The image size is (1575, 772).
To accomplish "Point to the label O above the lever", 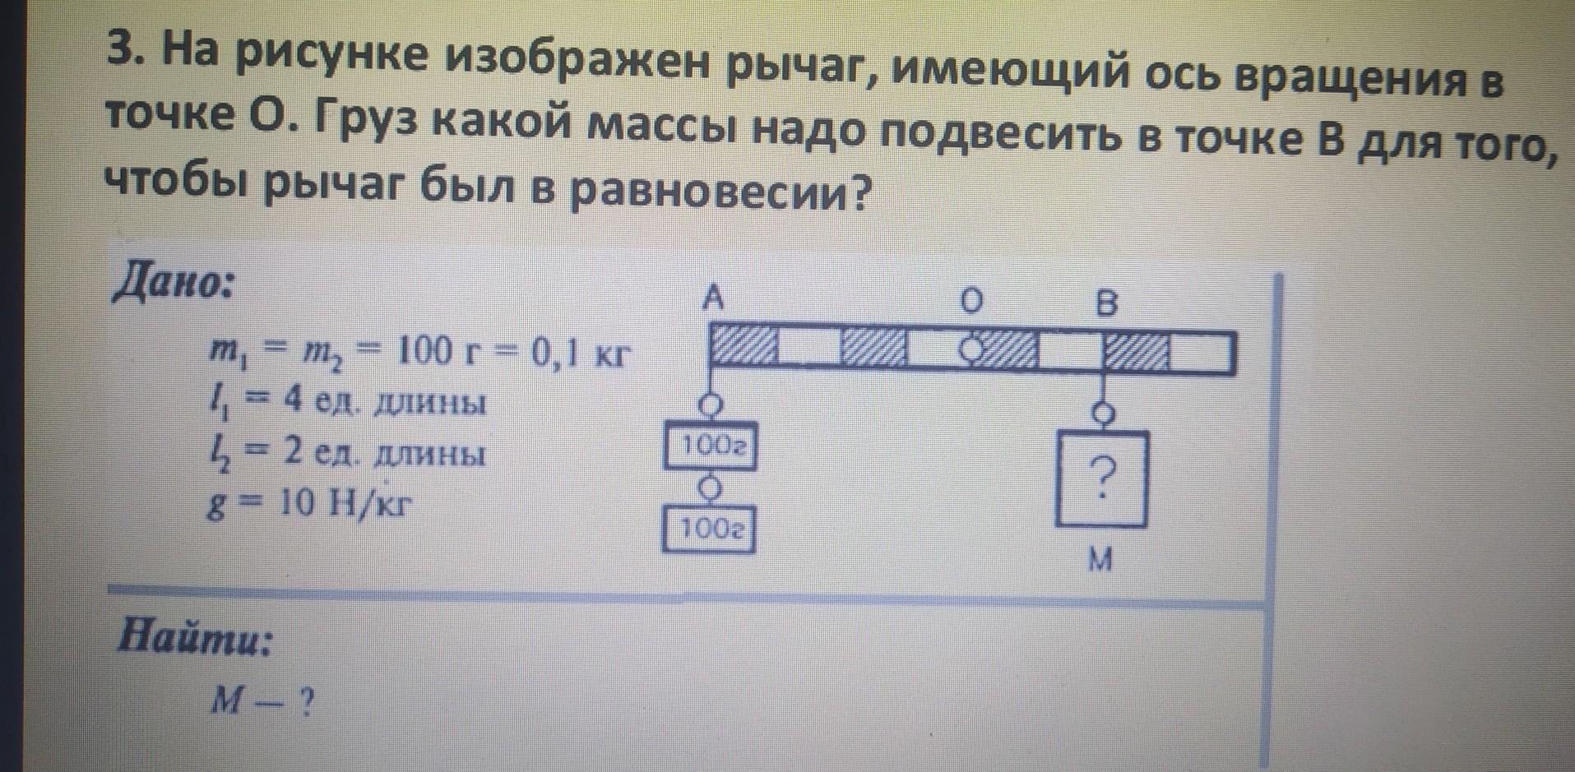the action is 971,303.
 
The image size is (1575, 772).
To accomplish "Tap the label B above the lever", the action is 1107,304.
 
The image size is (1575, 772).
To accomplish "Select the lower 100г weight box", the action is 709,531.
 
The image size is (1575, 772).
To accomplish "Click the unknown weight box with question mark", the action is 1102,478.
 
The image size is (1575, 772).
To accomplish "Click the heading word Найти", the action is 195,638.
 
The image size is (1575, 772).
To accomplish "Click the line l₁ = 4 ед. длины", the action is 346,404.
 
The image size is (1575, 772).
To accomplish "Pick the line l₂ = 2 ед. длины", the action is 346,455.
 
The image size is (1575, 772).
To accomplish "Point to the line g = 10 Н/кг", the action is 308,503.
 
